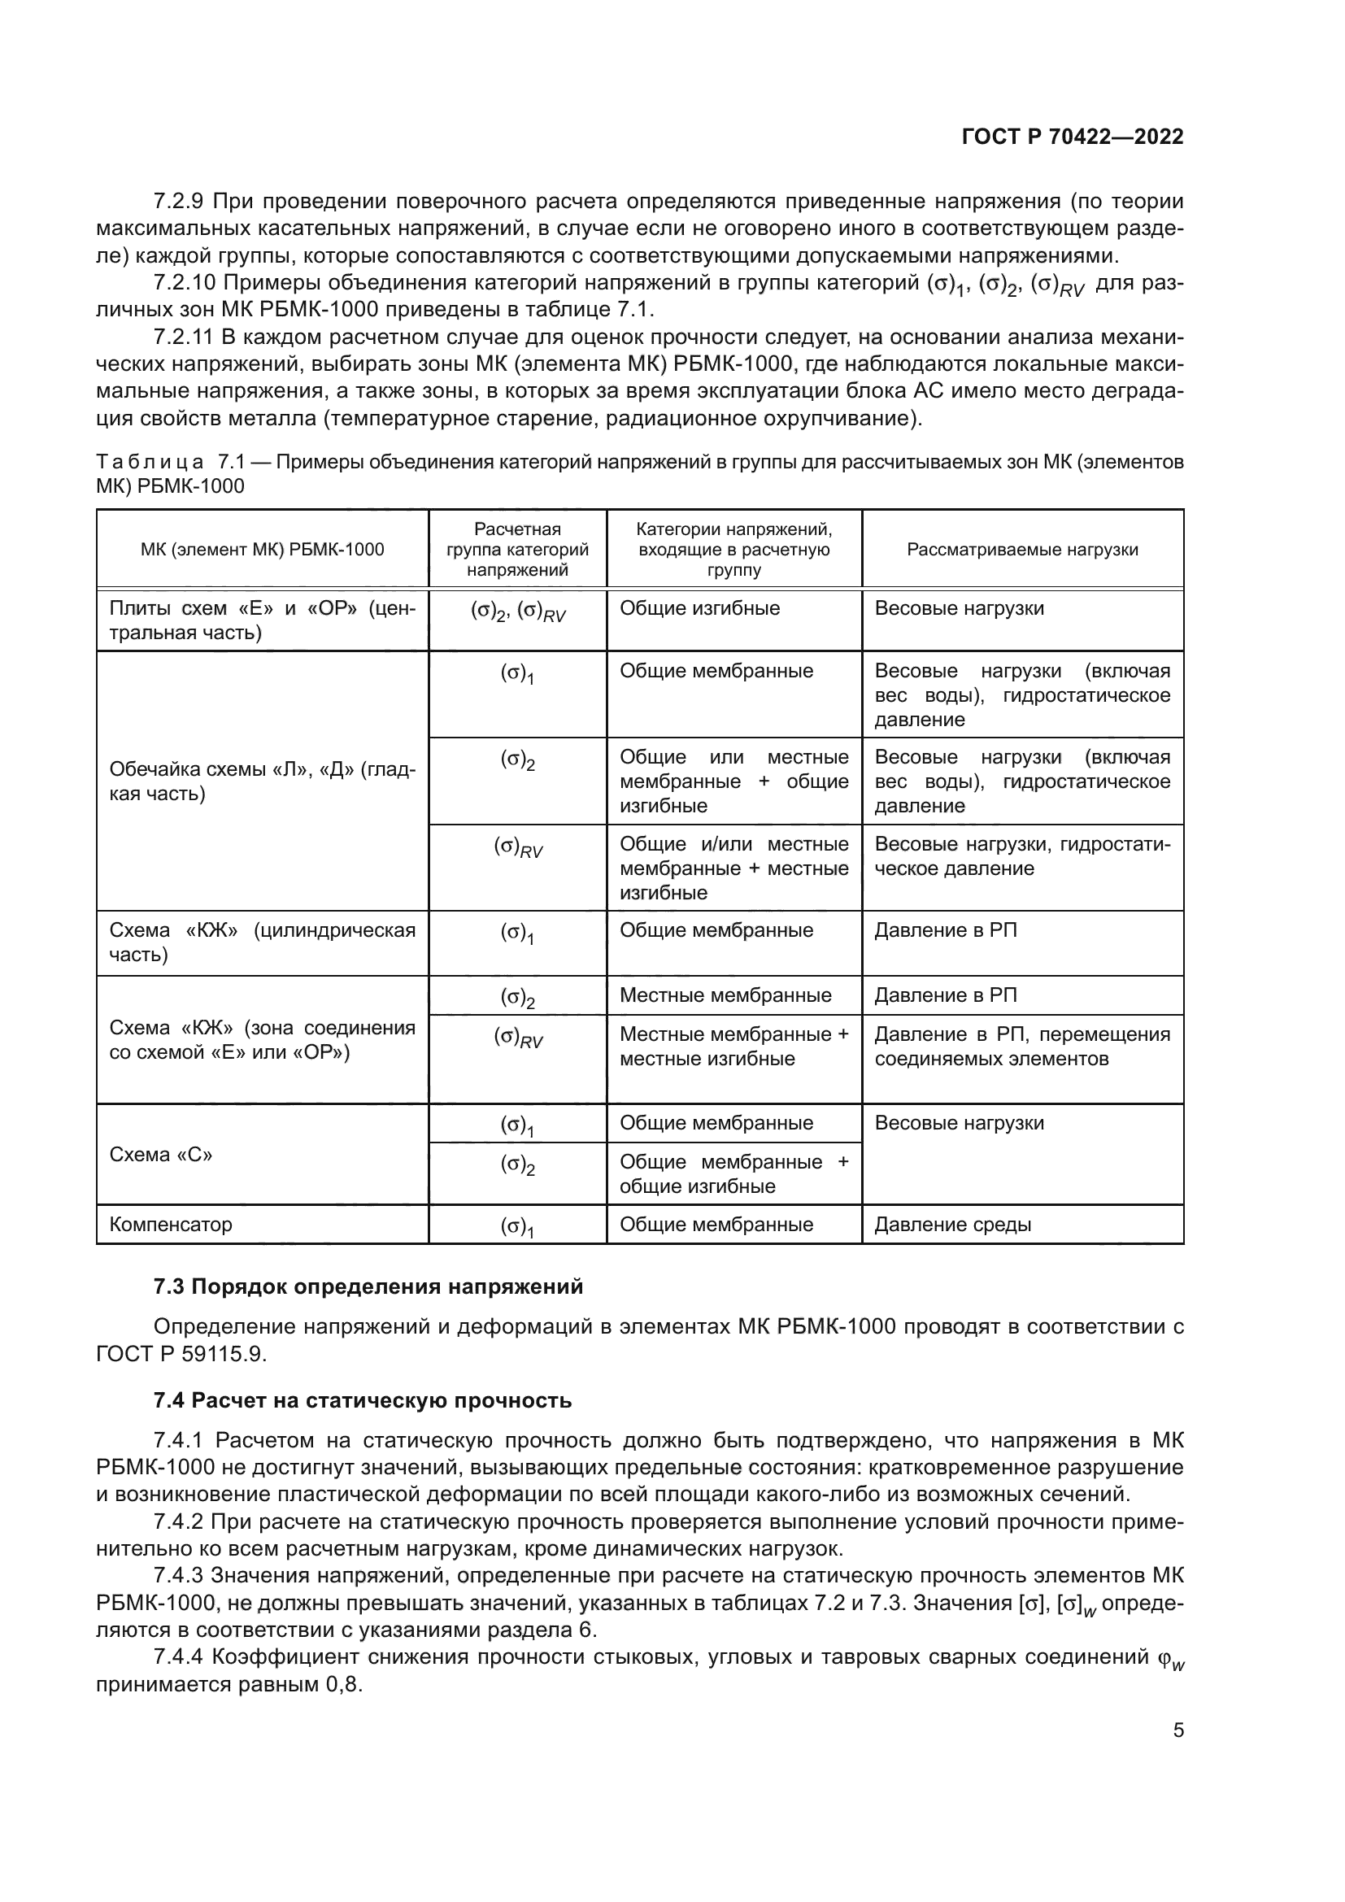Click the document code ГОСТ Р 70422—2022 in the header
click(x=1073, y=137)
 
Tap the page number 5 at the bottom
click(x=1177, y=1730)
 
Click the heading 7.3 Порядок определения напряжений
click(x=368, y=1286)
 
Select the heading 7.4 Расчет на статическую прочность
click(x=362, y=1400)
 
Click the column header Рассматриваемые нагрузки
click(x=1022, y=549)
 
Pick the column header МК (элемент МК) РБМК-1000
click(x=262, y=549)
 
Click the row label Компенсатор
click(x=171, y=1225)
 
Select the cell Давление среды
click(x=952, y=1225)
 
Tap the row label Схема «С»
click(x=161, y=1155)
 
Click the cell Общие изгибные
click(x=699, y=608)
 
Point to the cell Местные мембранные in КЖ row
click(x=725, y=995)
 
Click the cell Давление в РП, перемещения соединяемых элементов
click(x=1022, y=1047)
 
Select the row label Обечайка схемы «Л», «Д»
click(x=262, y=781)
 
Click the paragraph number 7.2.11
click(x=184, y=337)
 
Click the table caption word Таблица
click(x=150, y=461)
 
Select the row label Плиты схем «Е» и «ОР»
click(x=262, y=620)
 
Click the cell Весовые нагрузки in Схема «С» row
click(x=959, y=1123)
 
